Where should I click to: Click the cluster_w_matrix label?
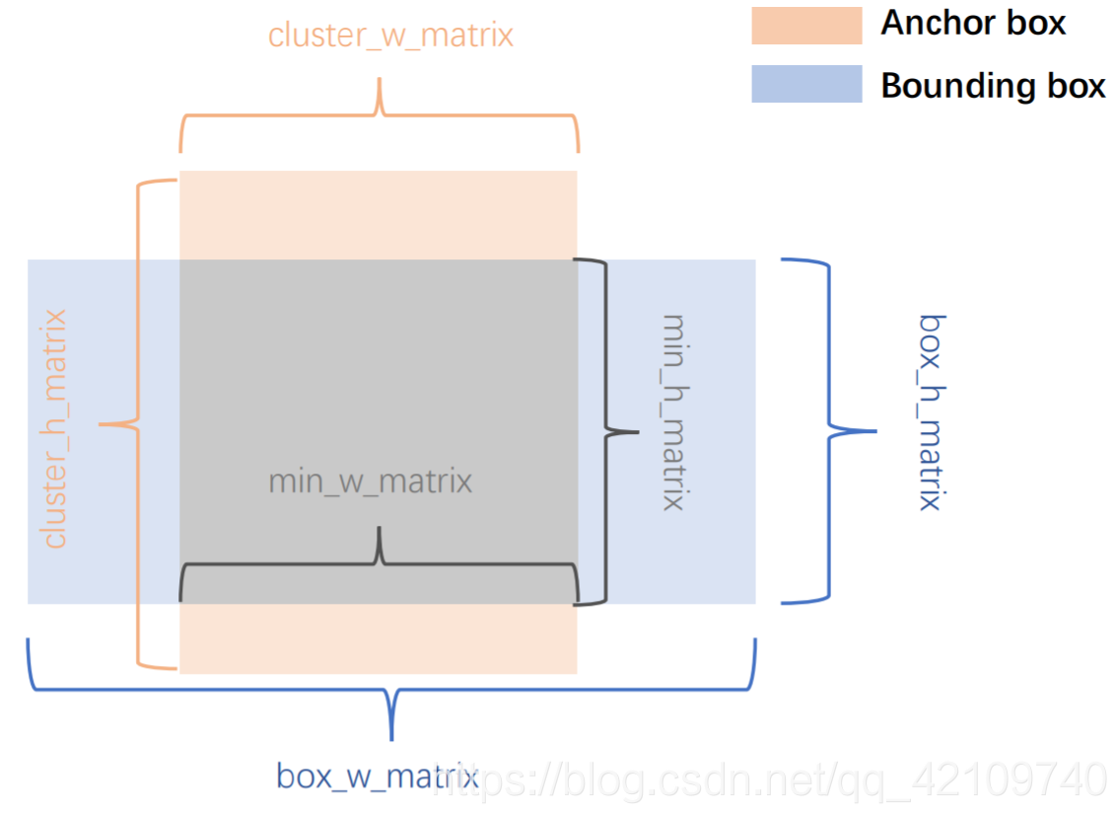pos(390,36)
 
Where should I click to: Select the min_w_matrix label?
pos(370,481)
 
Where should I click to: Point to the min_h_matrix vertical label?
pos(673,411)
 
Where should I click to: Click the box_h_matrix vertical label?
pos(931,411)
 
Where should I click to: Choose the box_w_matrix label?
pos(377,776)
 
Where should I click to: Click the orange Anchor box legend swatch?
pos(806,26)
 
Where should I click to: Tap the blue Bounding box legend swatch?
pos(806,84)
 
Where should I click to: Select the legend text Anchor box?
pos(973,24)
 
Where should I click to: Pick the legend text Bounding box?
pos(993,86)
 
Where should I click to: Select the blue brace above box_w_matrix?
pos(392,681)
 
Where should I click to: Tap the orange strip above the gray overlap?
pos(378,215)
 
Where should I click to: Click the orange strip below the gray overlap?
pos(378,638)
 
